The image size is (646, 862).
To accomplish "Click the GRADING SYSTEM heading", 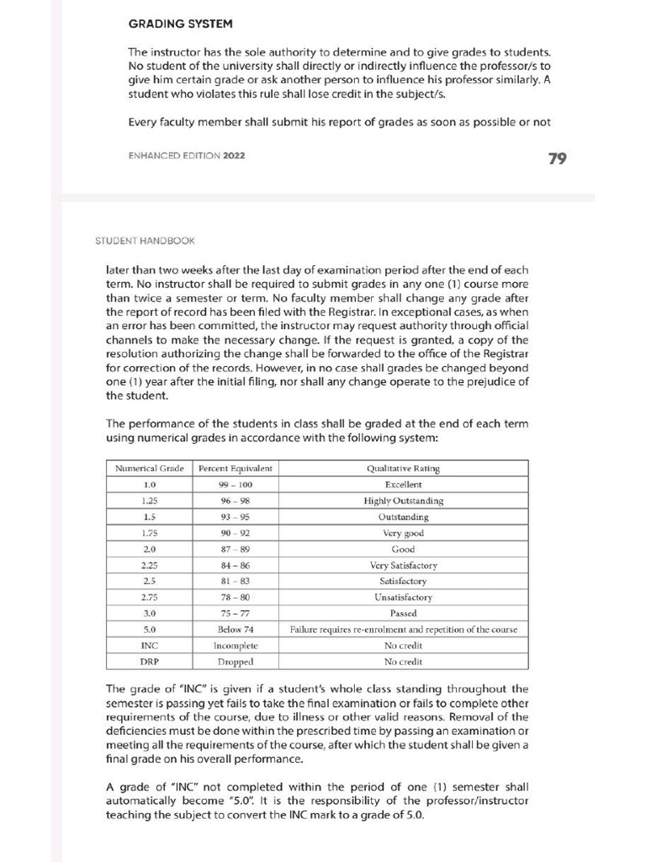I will tap(180, 24).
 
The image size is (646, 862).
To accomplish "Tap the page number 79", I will tap(556, 158).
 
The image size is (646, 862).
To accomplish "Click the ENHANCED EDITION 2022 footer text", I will tap(188, 156).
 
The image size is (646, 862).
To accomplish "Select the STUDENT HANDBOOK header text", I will tap(145, 241).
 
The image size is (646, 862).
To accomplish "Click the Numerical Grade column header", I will tap(150, 469).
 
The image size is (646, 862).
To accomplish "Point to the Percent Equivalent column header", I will tap(235, 469).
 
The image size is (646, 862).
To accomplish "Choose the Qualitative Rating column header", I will tap(403, 469).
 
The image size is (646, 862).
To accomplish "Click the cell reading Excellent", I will tap(403, 485).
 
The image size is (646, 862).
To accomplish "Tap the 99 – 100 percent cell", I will tap(235, 485).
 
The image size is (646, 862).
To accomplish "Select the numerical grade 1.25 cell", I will tap(150, 501).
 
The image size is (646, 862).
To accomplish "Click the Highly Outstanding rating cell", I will tap(403, 501).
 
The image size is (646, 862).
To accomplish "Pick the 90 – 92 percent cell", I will tap(235, 533).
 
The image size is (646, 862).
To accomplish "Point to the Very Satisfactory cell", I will tap(403, 566).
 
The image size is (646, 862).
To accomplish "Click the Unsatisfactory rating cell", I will tap(403, 598).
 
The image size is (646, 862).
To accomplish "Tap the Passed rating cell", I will tap(403, 614).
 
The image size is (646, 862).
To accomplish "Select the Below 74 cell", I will tap(235, 630).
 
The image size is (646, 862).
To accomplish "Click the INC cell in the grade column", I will tap(150, 646).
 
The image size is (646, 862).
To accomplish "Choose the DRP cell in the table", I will tap(150, 662).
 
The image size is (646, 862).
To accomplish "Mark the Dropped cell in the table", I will tap(235, 662).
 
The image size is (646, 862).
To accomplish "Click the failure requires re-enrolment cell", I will tap(403, 630).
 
